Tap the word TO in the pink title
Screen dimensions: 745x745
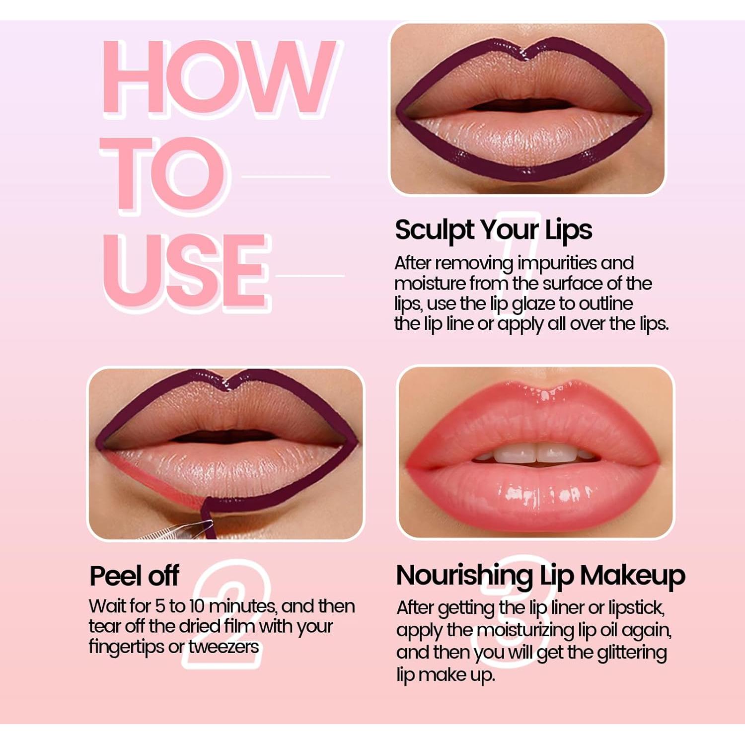[x=164, y=174]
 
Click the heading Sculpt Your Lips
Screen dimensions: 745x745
[x=493, y=230]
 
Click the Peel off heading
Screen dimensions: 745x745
[x=134, y=576]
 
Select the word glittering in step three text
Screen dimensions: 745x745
[x=632, y=653]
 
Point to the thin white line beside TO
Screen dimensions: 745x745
[x=286, y=176]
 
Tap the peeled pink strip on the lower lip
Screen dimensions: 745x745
[x=149, y=477]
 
